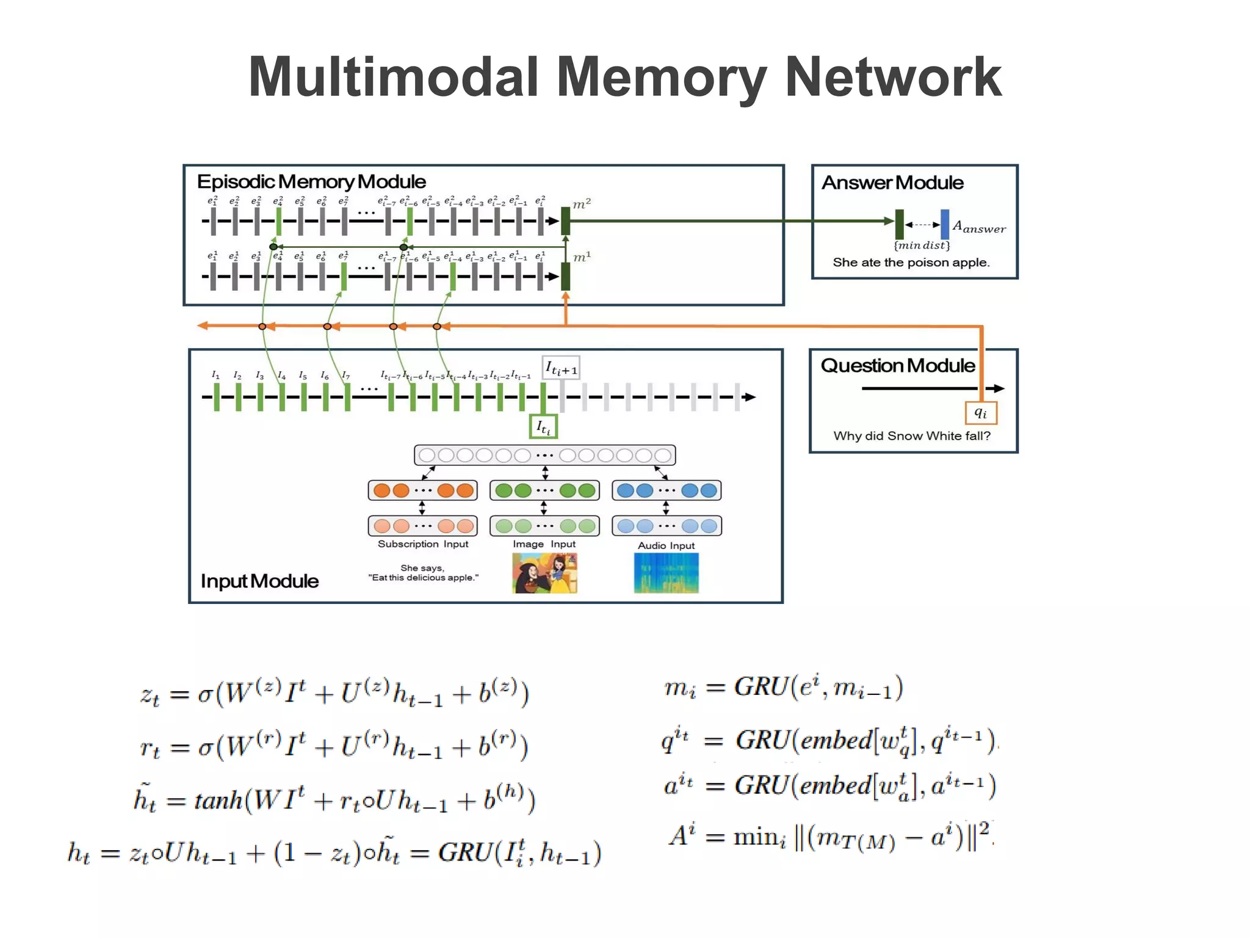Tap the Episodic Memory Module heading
[311, 182]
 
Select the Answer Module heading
[892, 183]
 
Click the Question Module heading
[897, 366]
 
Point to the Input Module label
[259, 581]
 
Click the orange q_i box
[981, 413]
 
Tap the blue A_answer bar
[944, 224]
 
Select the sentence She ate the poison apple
[911, 263]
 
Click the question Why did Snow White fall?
[912, 436]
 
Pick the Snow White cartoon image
[544, 573]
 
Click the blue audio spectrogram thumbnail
[666, 573]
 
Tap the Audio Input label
[666, 545]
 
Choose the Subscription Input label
[423, 544]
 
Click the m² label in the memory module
[582, 204]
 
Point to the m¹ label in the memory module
[582, 257]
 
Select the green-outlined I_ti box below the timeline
[543, 427]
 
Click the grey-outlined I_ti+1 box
[561, 368]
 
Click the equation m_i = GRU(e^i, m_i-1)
[783, 688]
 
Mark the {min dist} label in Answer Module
[922, 245]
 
